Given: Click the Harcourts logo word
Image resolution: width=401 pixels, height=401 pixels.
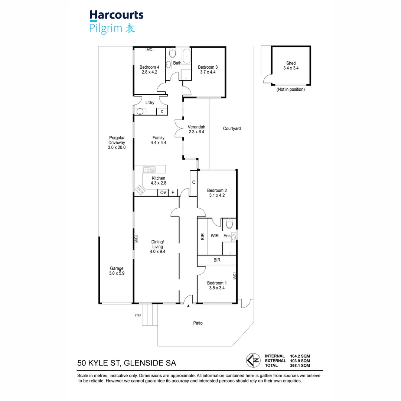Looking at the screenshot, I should coord(116,15).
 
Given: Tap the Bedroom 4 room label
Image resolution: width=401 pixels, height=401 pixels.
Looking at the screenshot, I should coord(149,67).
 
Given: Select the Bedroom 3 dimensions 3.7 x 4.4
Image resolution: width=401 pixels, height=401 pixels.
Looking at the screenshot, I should coord(208,72).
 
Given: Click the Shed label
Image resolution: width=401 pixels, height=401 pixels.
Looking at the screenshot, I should coord(291,63).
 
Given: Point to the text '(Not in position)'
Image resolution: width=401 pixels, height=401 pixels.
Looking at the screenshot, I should coord(290,89).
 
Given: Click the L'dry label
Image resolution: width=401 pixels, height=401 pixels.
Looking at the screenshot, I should coord(150,102).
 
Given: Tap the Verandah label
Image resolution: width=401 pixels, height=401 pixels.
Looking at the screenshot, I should coord(196,127).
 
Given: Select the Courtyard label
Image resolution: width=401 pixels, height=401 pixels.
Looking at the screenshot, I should coord(232,128).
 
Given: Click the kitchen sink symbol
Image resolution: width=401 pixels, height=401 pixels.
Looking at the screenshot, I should coord(149,170).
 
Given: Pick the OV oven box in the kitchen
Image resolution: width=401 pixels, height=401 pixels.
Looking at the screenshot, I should coord(163,193).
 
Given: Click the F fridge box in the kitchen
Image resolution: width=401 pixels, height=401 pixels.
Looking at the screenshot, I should coord(173,193).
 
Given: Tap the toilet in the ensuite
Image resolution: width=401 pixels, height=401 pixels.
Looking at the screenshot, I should coord(229,224).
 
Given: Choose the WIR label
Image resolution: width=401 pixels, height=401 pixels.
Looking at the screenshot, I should coord(215,236).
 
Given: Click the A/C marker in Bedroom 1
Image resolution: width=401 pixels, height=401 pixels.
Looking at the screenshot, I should coord(234,276).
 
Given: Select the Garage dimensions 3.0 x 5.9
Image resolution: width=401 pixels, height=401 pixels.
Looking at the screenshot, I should coord(117,274).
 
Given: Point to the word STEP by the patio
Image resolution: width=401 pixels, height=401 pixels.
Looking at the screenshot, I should coord(138,316).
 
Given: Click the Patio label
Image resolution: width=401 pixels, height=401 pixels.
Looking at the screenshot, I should coord(198,323).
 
